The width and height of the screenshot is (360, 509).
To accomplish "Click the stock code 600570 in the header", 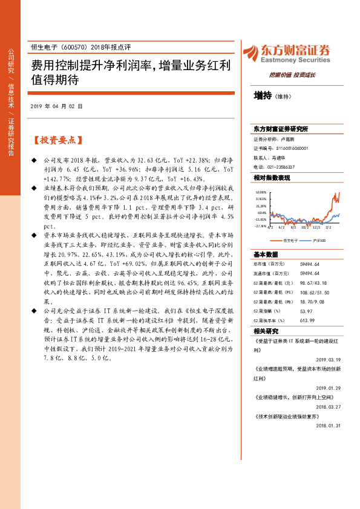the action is [x=73, y=47].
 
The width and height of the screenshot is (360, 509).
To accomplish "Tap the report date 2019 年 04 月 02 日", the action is [x=56, y=106].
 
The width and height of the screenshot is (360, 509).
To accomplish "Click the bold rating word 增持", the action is [x=263, y=96].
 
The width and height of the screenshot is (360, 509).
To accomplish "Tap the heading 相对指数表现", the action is [x=272, y=178].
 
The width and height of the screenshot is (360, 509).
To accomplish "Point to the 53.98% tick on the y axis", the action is [x=260, y=192].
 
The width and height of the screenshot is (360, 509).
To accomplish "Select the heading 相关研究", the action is [x=266, y=331].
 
